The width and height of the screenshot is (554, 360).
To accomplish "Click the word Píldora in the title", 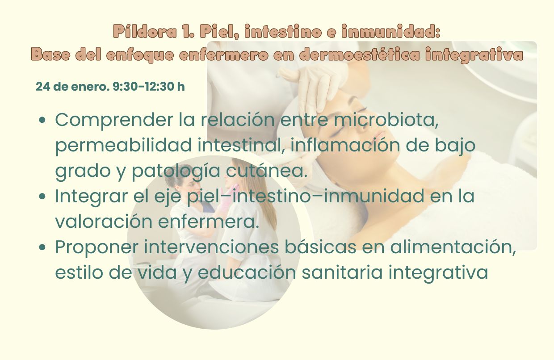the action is coord(145,32).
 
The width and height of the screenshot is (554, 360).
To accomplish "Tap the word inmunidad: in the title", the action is coord(391,32).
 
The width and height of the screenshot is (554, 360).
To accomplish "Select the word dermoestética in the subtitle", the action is coord(360,55).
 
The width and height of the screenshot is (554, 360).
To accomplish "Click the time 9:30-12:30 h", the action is coord(149,87).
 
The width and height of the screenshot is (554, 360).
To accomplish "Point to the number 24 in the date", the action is coord(43,87).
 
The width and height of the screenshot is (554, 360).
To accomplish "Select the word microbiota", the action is coord(386,120).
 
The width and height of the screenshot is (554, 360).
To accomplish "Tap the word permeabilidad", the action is coord(123,146).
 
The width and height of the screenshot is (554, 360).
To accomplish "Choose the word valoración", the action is coord(104,222).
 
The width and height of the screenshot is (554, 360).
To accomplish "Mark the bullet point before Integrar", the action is coord(42,197).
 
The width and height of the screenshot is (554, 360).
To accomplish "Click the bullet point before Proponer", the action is coord(42,247).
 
